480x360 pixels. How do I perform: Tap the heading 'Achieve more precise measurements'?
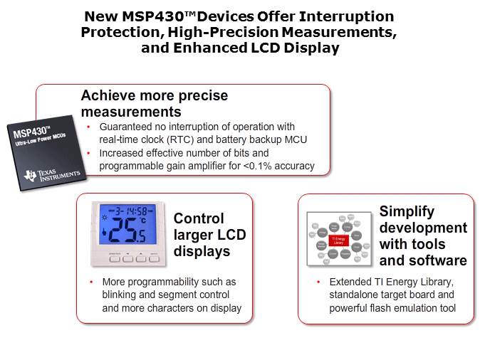[x=154, y=104]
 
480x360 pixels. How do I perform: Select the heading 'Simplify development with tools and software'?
[x=423, y=235]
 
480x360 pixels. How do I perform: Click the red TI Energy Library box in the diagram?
[x=340, y=241]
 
